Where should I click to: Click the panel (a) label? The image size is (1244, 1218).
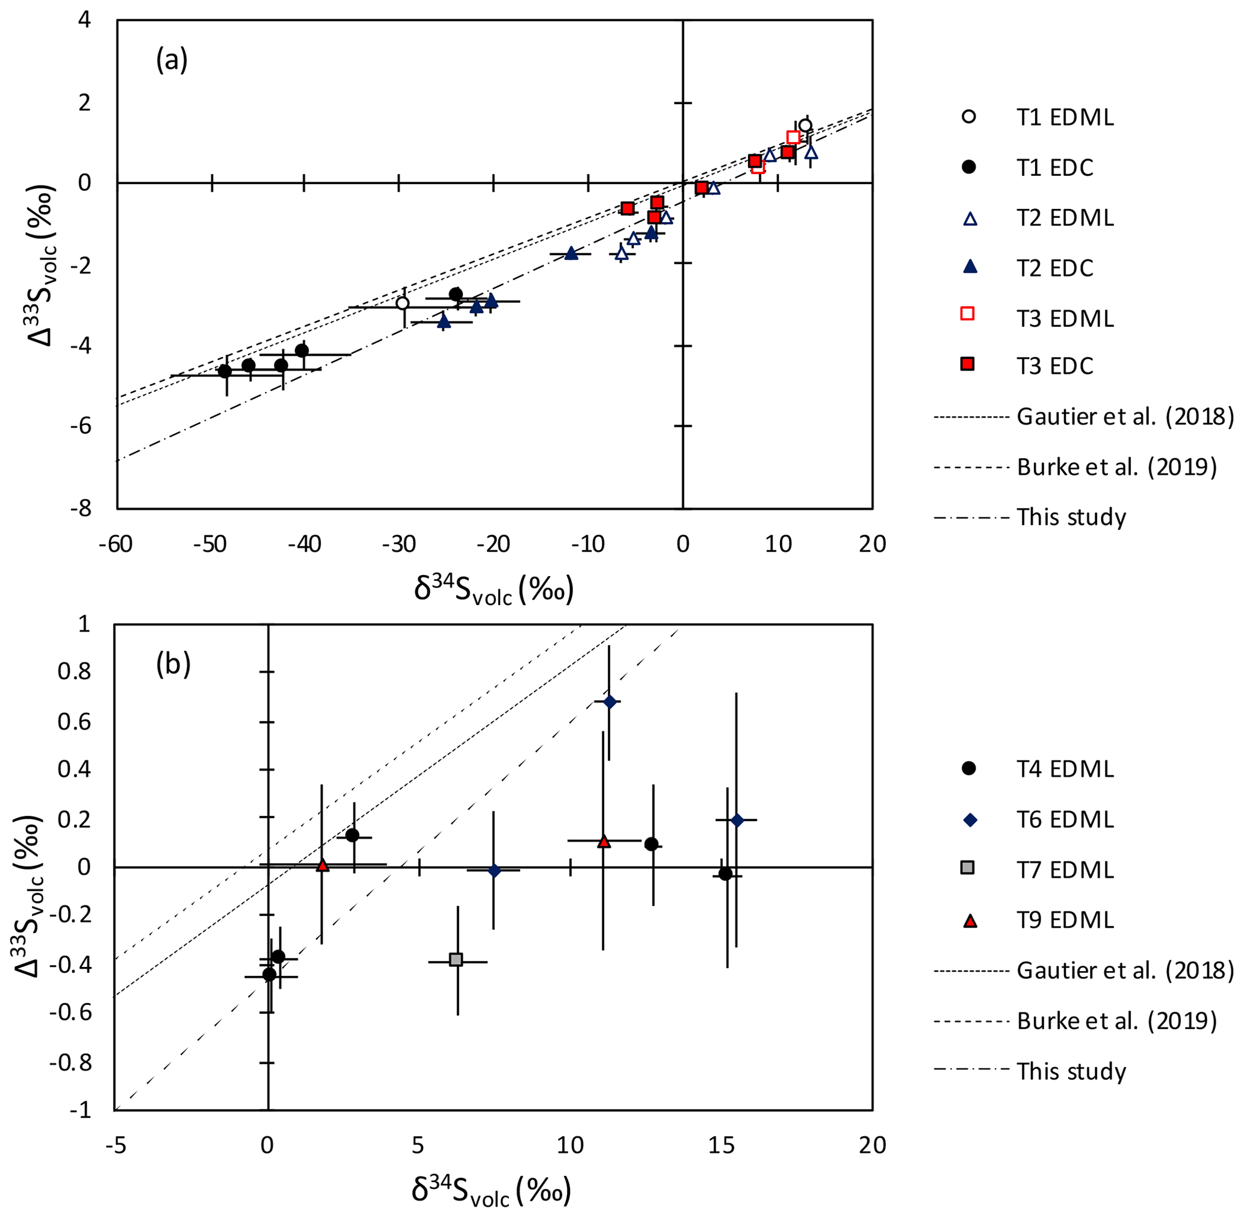[x=172, y=61]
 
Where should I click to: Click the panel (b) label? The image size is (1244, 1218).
[x=173, y=665]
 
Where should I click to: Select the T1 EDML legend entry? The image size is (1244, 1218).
[x=1064, y=118]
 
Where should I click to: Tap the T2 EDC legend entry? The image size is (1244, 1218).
[x=1054, y=268]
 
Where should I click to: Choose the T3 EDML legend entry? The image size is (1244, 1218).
[x=1064, y=318]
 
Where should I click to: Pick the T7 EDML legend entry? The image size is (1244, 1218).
[x=1064, y=870]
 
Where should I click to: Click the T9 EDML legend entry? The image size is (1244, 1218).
[x=1064, y=920]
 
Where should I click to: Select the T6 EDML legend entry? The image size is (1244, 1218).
[x=1064, y=819]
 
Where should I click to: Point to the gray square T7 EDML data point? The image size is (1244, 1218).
[x=456, y=960]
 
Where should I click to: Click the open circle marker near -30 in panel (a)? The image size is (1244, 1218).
[x=402, y=303]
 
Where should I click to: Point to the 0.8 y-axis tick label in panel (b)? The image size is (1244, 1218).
[x=73, y=672]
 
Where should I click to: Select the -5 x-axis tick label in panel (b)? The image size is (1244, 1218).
[x=115, y=1145]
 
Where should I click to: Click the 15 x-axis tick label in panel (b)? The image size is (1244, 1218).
[x=722, y=1145]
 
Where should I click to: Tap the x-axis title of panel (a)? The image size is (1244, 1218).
[x=493, y=589]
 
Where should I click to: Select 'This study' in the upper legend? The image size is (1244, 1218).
[x=1071, y=517]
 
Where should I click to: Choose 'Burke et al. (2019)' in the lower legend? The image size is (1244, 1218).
[x=1116, y=1021]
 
